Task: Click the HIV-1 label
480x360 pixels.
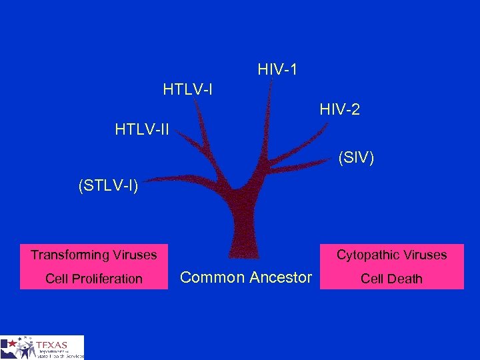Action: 277,69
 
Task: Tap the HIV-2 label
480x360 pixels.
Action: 339,109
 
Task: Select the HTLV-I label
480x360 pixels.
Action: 187,88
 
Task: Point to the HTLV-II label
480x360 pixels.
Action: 142,129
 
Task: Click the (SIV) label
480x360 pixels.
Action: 356,158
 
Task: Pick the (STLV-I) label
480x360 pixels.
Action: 108,185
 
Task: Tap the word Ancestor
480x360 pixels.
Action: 281,277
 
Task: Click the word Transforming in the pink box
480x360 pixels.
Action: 70,255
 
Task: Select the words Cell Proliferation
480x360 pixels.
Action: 94,279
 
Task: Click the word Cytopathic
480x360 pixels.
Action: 369,255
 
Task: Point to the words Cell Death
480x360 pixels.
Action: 391,279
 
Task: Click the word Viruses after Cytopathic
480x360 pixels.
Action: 425,255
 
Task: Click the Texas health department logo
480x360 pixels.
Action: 43,347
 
